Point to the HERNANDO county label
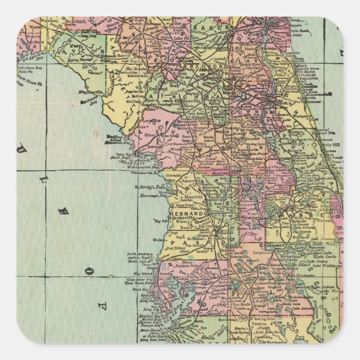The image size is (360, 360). [x=193, y=214]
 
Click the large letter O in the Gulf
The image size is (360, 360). [x=89, y=271]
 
